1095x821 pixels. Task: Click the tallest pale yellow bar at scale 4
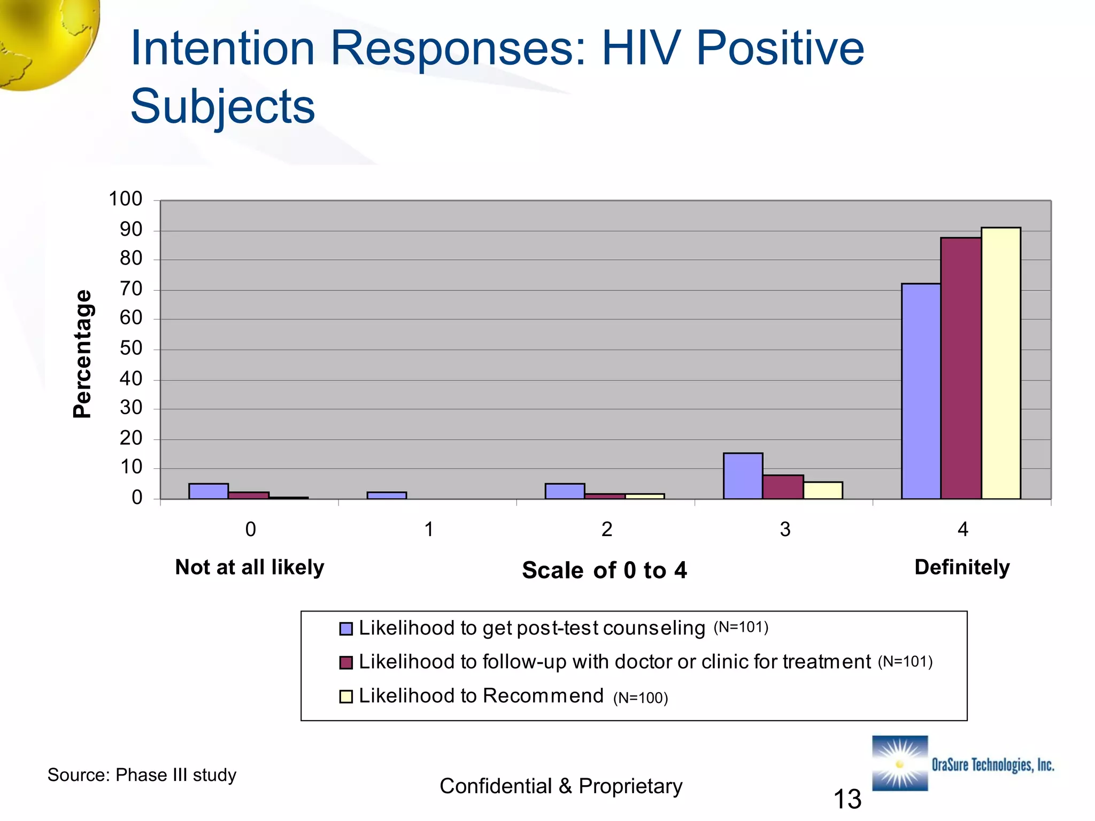[x=1000, y=363]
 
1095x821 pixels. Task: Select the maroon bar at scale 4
[x=961, y=369]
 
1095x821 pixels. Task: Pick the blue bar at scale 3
[x=743, y=476]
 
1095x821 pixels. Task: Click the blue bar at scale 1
[x=387, y=495]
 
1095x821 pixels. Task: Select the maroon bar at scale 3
[x=783, y=487]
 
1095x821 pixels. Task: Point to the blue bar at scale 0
[x=209, y=491]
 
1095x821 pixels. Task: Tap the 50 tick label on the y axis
[x=130, y=348]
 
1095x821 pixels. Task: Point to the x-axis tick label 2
[x=606, y=529]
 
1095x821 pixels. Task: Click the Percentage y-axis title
[x=82, y=354]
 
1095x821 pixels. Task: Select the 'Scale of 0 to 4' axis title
[x=604, y=570]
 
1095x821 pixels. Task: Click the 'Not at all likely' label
[x=250, y=567]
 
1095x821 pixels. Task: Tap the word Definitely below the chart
[x=962, y=567]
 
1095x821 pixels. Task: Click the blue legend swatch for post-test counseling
[x=346, y=629]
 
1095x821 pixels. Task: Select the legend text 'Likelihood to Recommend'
[x=481, y=696]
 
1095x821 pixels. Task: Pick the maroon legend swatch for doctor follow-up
[x=346, y=662]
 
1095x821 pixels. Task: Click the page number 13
[x=847, y=799]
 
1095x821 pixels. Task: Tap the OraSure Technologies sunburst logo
[x=900, y=763]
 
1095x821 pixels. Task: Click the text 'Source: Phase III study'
[x=142, y=775]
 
